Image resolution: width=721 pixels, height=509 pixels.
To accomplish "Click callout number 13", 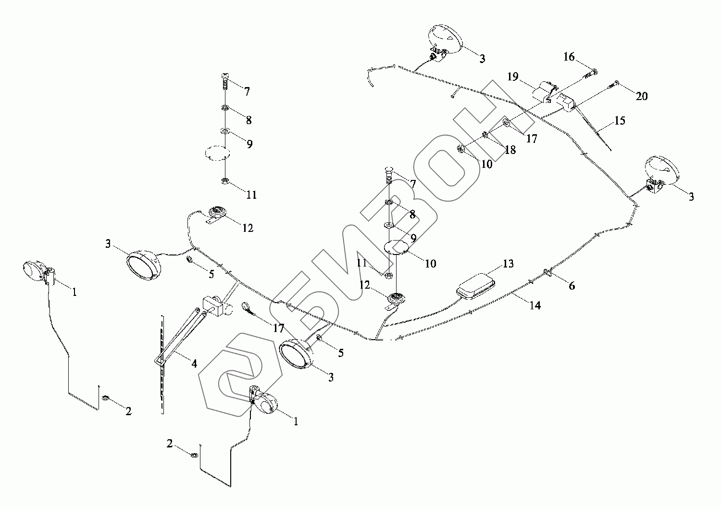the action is pos(508,264).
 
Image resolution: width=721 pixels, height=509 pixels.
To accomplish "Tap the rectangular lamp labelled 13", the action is pos(475,285).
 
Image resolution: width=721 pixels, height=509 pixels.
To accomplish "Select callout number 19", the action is pos(512,76).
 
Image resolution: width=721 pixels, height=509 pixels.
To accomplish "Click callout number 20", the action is pos(642,96).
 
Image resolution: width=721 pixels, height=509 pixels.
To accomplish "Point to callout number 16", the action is pos(569,57).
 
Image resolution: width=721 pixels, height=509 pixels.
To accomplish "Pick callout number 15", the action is pos(620,120).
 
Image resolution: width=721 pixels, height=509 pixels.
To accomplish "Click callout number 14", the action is pos(535,305).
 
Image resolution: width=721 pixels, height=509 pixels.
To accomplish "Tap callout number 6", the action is pos(572,286).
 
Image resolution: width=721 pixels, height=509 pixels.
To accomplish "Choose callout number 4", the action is pos(194,364).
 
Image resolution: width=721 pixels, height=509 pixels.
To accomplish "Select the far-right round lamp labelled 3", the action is pos(662,172).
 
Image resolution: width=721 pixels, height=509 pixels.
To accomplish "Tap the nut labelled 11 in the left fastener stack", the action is pos(224,181).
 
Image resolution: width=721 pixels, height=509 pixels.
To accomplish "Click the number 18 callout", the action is pos(510,150).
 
